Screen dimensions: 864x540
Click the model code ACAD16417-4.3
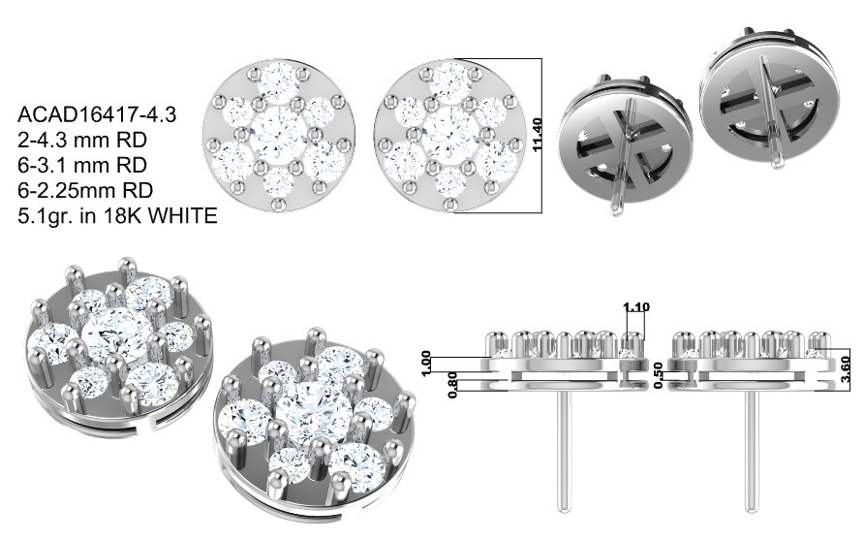(x=97, y=114)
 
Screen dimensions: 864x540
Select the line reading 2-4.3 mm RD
(x=82, y=141)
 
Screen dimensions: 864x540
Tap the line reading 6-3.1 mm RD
(x=82, y=166)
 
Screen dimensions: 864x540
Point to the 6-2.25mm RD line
(x=85, y=190)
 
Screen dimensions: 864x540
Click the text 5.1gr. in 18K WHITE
(x=117, y=215)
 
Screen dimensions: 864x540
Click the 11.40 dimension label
(x=538, y=135)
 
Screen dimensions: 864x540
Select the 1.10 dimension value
(x=635, y=307)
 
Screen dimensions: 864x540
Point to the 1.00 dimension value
(x=426, y=364)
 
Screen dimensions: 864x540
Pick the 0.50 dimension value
(x=658, y=375)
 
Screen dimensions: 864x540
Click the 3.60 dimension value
(x=847, y=369)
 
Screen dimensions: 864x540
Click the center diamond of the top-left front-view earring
(x=277, y=133)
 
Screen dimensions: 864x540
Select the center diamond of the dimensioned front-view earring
(x=447, y=133)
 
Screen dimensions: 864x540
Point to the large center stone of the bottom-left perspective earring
(x=117, y=337)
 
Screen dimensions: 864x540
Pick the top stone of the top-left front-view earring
(x=278, y=80)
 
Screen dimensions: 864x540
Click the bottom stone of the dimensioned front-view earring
(x=449, y=182)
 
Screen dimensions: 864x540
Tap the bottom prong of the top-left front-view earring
(x=279, y=206)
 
